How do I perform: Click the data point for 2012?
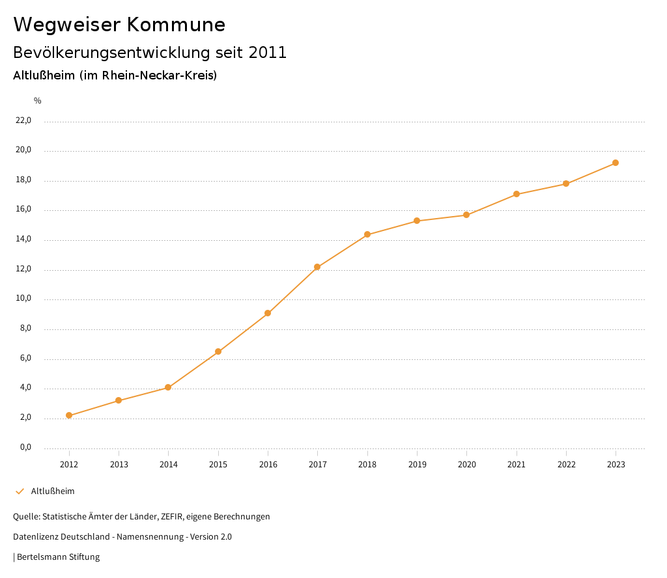69,415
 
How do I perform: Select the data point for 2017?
317,267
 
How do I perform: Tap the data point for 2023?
616,163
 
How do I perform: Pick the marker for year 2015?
218,351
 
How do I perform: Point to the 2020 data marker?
466,215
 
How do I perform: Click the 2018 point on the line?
367,234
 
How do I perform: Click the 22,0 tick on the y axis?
23,120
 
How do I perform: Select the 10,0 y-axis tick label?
23,299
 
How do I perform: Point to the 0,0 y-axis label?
25,448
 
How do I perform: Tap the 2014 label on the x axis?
168,465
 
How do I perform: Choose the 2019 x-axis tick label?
417,465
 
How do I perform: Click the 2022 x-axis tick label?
566,465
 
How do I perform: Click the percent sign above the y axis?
38,101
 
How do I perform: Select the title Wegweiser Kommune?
119,25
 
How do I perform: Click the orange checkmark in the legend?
20,491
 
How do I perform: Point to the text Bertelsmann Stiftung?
58,557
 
